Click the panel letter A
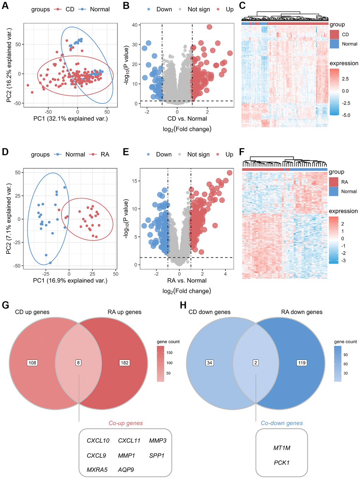pyautogui.click(x=5, y=6)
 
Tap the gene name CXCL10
pyautogui.click(x=98, y=441)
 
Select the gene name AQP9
pyautogui.click(x=126, y=470)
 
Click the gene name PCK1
pyautogui.click(x=282, y=463)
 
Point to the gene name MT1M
pyautogui.click(x=282, y=448)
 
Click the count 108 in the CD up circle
pyautogui.click(x=32, y=363)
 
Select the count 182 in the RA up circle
pyautogui.click(x=125, y=363)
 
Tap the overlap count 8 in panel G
pyautogui.click(x=79, y=363)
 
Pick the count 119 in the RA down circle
pyautogui.click(x=302, y=363)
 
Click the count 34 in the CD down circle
pyautogui.click(x=210, y=363)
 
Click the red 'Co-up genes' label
pyautogui.click(x=126, y=423)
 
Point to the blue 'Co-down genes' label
pyautogui.click(x=282, y=423)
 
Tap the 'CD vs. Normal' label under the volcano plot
pyautogui.click(x=187, y=119)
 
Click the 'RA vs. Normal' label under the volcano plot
pyautogui.click(x=187, y=281)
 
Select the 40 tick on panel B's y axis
pyautogui.click(x=135, y=25)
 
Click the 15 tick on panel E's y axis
pyautogui.click(x=135, y=181)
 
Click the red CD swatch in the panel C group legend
pyautogui.click(x=334, y=35)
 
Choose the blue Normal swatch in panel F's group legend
pyautogui.click(x=334, y=191)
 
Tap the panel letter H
pyautogui.click(x=183, y=305)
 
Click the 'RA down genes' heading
pyautogui.click(x=302, y=312)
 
